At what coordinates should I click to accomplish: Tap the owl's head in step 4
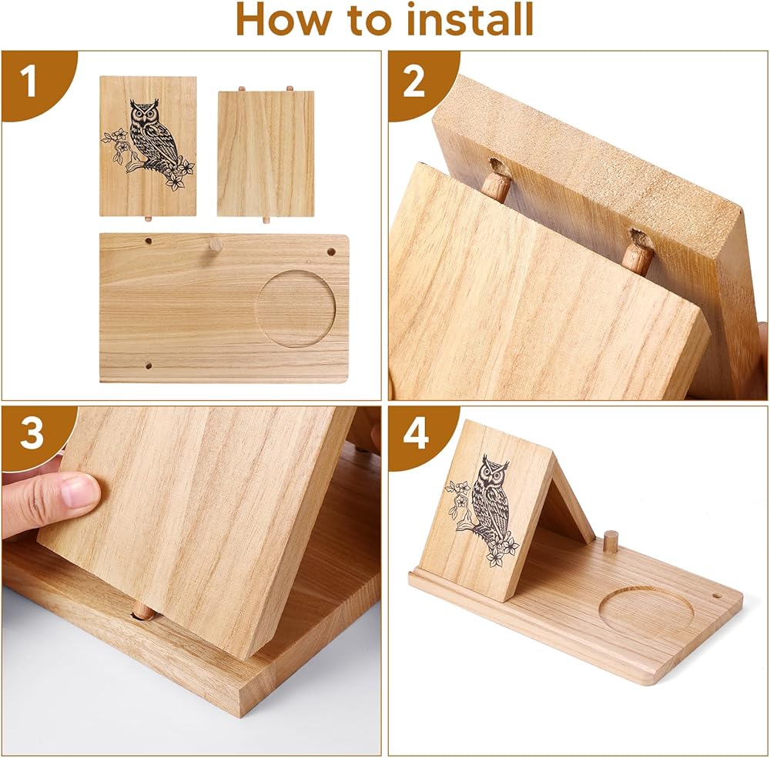(494, 470)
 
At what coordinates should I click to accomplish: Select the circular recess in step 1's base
(296, 309)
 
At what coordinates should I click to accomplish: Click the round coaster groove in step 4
(646, 611)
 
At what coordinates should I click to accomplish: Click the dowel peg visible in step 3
(143, 612)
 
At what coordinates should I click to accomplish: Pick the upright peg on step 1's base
(216, 245)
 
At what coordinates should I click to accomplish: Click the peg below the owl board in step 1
(148, 218)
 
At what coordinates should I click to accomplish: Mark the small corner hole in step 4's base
(715, 597)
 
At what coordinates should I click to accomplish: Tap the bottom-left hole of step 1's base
(149, 366)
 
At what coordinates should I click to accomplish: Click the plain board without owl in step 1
(266, 153)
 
